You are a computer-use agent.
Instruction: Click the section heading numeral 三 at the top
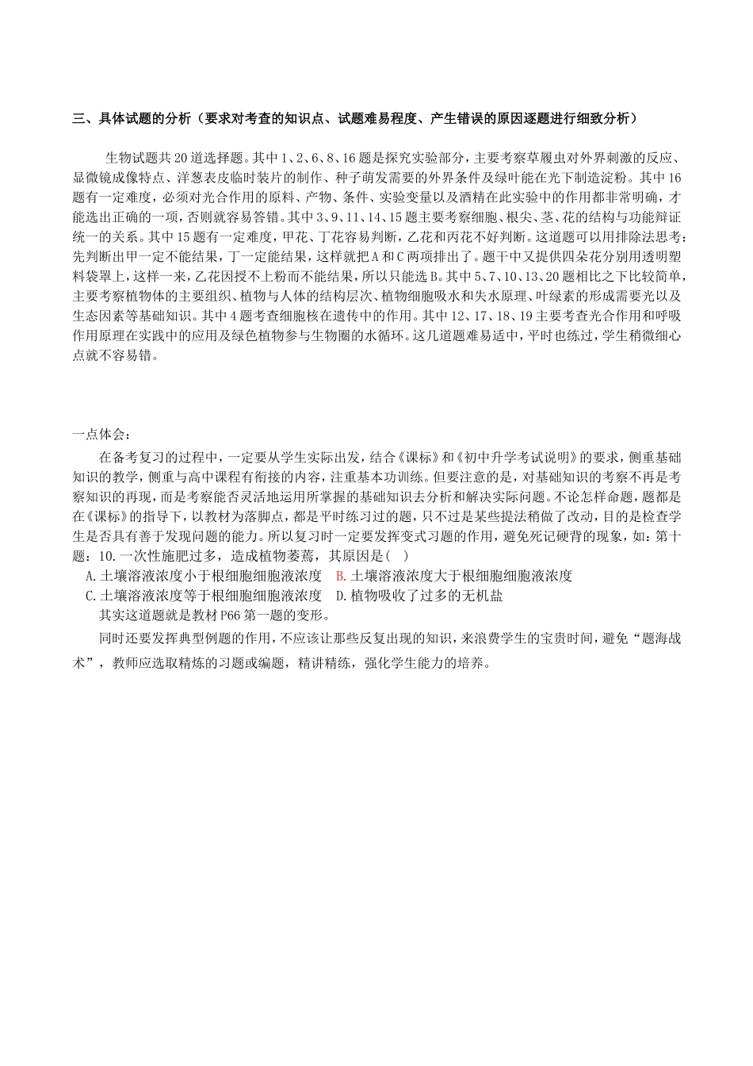pyautogui.click(x=78, y=119)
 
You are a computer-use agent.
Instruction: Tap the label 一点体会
pyautogui.click(x=97, y=435)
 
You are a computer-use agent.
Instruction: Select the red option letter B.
pyautogui.click(x=341, y=576)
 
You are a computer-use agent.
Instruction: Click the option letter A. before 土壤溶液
pyautogui.click(x=90, y=576)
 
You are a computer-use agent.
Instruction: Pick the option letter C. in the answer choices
pyautogui.click(x=90, y=595)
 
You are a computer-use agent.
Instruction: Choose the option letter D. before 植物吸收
pyautogui.click(x=342, y=595)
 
